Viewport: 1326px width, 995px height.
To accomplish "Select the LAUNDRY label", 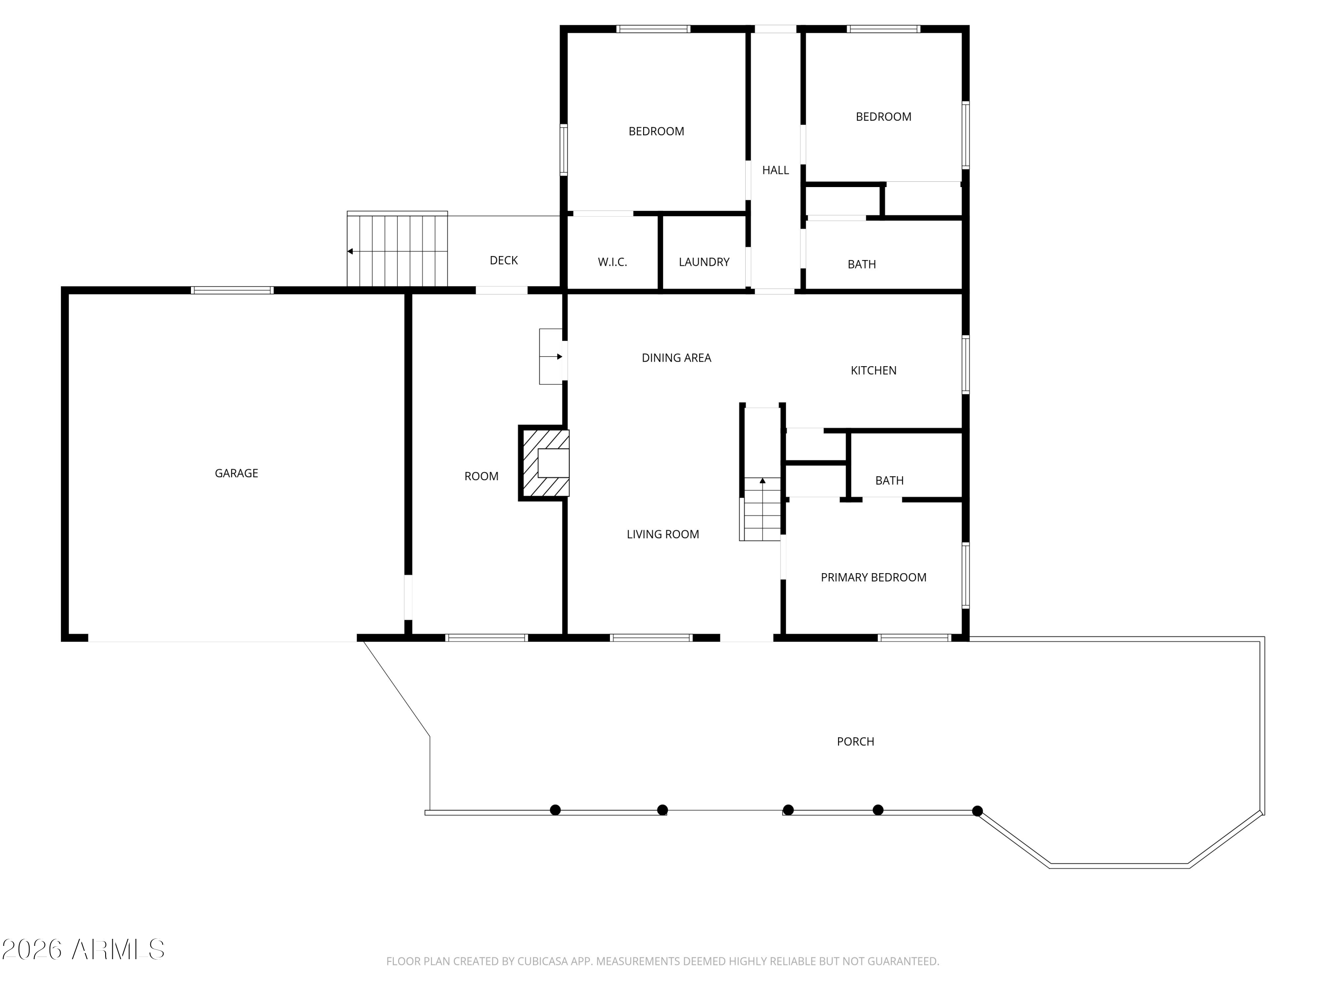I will (704, 262).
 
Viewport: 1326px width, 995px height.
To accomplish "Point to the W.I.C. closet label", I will (612, 262).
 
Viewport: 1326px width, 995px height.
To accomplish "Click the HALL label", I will (775, 170).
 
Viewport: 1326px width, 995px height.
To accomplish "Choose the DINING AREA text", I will (676, 358).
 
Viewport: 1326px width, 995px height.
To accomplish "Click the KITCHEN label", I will (873, 371).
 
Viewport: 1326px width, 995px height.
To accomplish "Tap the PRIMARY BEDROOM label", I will (873, 578).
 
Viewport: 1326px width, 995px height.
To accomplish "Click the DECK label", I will (503, 260).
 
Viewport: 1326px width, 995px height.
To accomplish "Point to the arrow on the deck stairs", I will (351, 251).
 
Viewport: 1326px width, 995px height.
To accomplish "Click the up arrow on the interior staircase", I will (762, 481).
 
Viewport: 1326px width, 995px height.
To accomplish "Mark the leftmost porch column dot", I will (555, 810).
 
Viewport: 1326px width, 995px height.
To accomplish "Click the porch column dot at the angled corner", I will (977, 811).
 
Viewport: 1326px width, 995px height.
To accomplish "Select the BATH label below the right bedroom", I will (861, 264).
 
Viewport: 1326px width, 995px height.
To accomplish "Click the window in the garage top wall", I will (232, 290).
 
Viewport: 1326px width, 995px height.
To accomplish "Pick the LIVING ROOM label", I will (663, 534).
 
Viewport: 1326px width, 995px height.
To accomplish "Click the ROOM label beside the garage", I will (481, 476).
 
